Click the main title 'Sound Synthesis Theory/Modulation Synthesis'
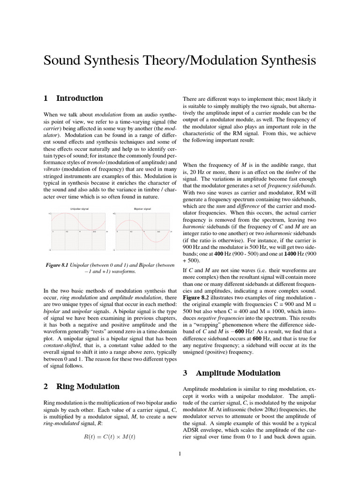(x=180, y=61)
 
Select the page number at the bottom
(x=180, y=453)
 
